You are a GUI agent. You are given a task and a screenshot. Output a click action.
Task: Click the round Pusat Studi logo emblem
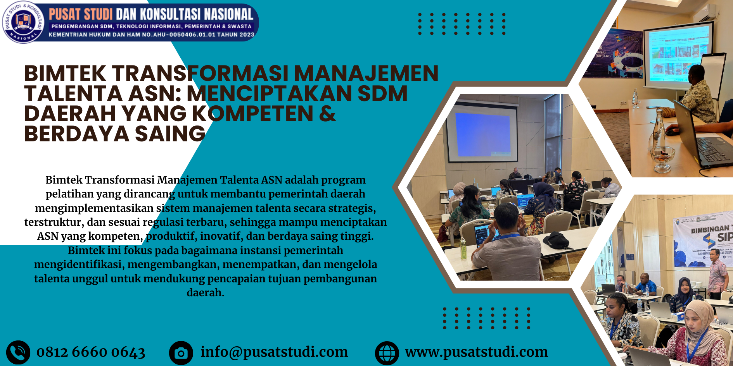(23, 22)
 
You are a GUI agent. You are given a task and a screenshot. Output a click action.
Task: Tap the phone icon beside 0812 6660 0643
(18, 352)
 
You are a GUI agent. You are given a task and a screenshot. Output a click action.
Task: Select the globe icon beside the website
(387, 353)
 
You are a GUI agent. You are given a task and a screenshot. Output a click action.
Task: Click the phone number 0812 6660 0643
(91, 352)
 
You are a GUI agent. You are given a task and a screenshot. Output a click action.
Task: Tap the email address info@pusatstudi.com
(274, 352)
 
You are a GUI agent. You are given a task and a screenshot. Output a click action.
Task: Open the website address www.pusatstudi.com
(476, 352)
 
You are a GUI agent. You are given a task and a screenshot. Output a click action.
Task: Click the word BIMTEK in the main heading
(65, 73)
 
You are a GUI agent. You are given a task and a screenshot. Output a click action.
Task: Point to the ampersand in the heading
(328, 113)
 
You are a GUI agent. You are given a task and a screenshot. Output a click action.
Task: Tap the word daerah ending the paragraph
(206, 292)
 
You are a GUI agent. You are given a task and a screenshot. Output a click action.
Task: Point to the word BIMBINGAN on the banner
(710, 229)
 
